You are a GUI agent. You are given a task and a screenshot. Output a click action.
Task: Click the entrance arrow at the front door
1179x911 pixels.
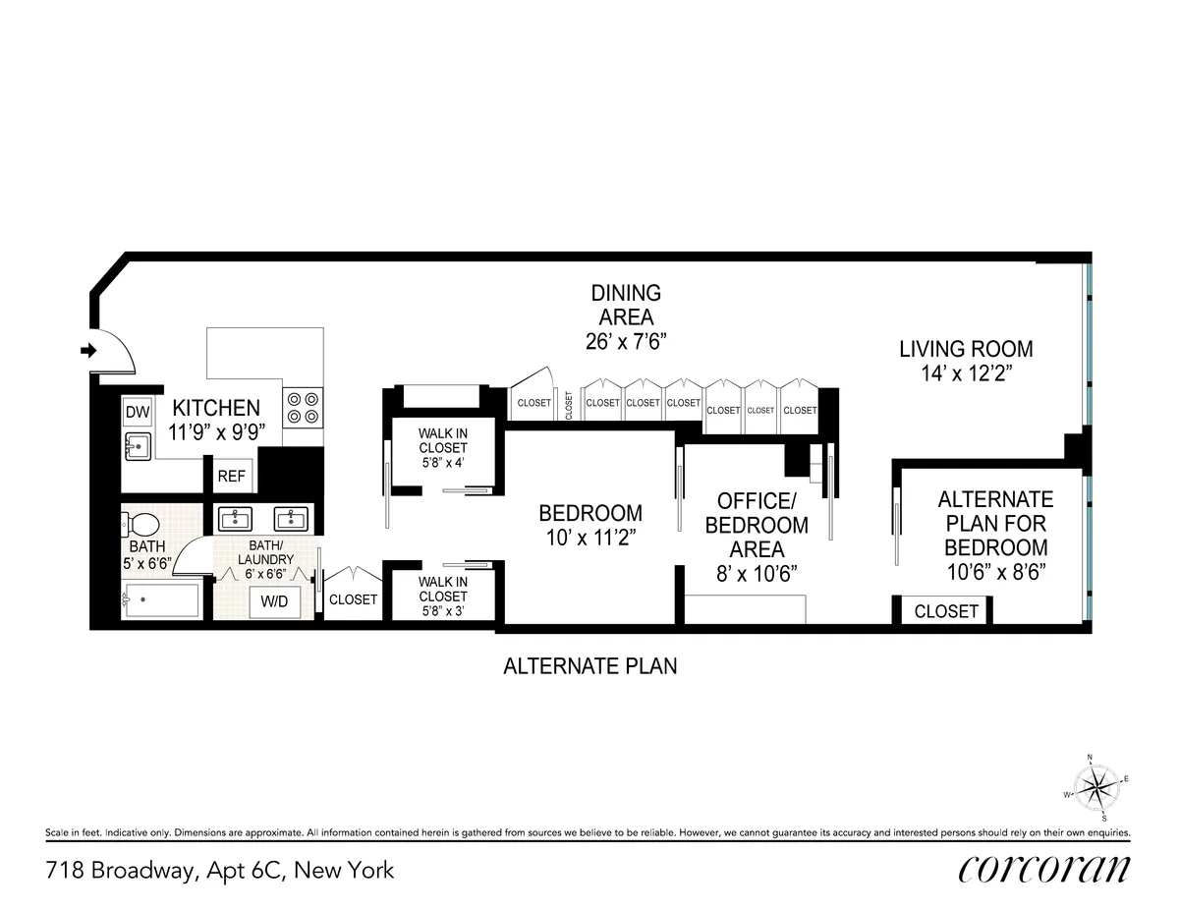[x=87, y=350]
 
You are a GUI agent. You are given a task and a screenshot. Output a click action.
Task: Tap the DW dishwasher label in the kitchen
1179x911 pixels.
[x=137, y=411]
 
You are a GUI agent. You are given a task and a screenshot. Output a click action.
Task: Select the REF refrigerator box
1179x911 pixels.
[x=231, y=476]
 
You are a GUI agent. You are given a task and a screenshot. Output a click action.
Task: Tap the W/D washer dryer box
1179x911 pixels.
[x=274, y=601]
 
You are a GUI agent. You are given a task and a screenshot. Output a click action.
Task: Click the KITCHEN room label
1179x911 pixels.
[x=216, y=408]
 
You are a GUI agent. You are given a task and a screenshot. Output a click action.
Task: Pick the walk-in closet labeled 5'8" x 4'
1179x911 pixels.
[x=442, y=449]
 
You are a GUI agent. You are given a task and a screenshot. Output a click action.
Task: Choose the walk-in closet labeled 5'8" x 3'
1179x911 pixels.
[x=442, y=596]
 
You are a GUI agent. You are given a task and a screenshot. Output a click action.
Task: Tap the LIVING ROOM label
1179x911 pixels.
[x=966, y=349]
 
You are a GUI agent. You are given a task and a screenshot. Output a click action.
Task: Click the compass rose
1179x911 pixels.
[x=1095, y=785]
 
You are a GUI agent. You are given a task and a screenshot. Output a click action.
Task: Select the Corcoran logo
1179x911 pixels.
[x=1043, y=869]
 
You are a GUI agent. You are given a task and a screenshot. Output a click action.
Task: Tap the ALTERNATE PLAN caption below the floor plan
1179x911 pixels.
[x=589, y=666]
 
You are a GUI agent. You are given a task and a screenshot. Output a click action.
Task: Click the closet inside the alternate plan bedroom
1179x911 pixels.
[x=945, y=611]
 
